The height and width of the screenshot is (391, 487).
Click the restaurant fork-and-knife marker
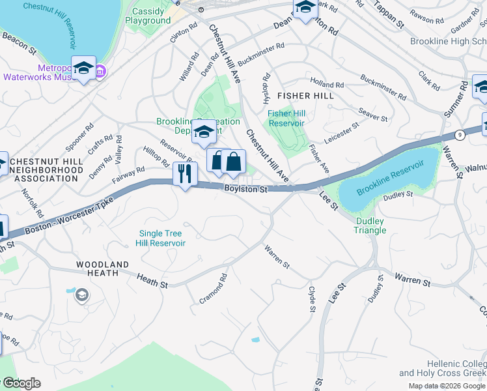point(185,173)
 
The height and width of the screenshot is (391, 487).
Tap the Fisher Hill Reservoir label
point(286,118)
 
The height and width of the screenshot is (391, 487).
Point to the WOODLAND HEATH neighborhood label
point(98,269)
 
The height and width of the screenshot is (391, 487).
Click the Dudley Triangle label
point(370,225)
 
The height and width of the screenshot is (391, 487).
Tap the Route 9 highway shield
point(460,134)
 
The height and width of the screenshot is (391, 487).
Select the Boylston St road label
point(246,189)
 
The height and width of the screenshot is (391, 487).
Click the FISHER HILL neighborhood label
point(305,96)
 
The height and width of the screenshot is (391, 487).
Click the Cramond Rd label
point(214,288)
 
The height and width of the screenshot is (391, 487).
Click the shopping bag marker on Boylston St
point(233,162)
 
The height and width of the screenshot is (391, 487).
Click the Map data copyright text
point(446,386)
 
